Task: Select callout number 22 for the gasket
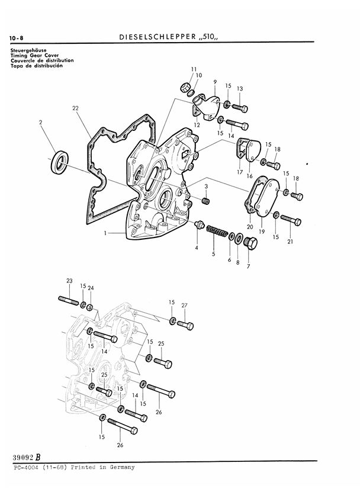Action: point(75,108)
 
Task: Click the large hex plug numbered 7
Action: point(252,243)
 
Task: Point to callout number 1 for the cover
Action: point(105,233)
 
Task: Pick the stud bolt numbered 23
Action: point(69,300)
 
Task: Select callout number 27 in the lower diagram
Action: point(185,306)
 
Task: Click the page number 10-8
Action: point(16,38)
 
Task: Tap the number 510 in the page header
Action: point(209,36)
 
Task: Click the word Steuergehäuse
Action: point(28,50)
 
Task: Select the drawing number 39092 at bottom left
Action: point(22,458)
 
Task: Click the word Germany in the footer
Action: point(122,467)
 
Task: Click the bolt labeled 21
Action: point(291,220)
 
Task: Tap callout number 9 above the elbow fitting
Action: point(216,82)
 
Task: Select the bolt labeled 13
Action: point(240,108)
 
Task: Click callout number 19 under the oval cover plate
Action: point(262,232)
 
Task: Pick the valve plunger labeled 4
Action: point(200,224)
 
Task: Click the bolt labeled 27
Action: point(185,325)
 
